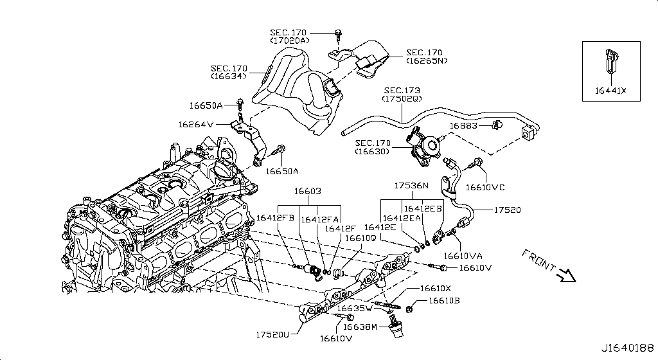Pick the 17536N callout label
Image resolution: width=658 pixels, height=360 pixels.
coord(411,185)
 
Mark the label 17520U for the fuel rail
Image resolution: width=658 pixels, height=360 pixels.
coord(273,334)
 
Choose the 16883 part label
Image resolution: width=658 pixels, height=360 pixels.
coord(463,126)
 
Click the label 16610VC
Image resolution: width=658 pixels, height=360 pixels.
coord(485,187)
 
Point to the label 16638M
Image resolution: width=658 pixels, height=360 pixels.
coord(360,327)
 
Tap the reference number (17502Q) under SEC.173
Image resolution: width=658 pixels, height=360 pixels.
coord(402,99)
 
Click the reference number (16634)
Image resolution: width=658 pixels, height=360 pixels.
coord(229,76)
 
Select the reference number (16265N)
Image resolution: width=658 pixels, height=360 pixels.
coord(426,61)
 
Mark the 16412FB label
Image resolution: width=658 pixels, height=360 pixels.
coord(275,218)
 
